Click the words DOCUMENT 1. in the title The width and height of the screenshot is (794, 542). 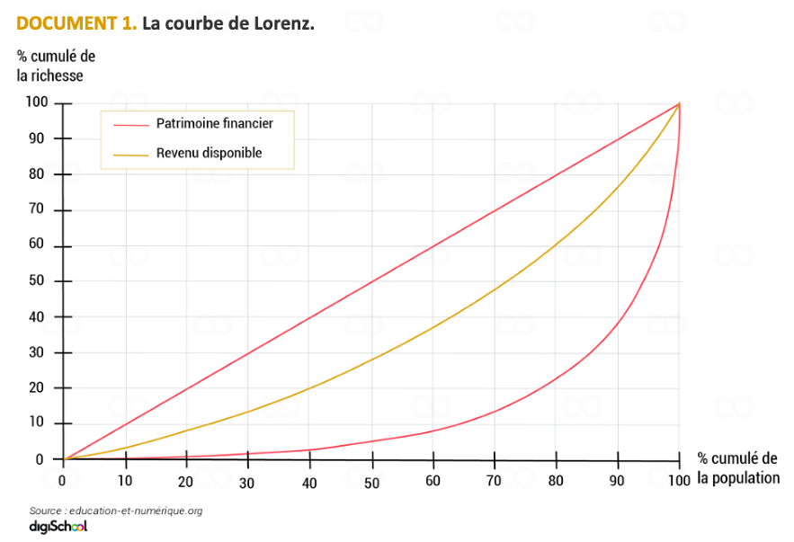pyautogui.click(x=76, y=23)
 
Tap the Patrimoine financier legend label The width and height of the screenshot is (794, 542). pyautogui.click(x=214, y=123)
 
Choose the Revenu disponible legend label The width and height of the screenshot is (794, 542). pyautogui.click(x=209, y=153)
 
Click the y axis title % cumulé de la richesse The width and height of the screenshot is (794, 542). pyautogui.click(x=56, y=66)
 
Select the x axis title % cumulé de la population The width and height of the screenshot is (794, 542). pyautogui.click(x=738, y=468)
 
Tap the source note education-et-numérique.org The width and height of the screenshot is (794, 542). pyautogui.click(x=115, y=511)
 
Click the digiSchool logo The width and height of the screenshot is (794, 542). pyautogui.click(x=58, y=527)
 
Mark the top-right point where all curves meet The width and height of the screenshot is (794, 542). pyautogui.click(x=680, y=103)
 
